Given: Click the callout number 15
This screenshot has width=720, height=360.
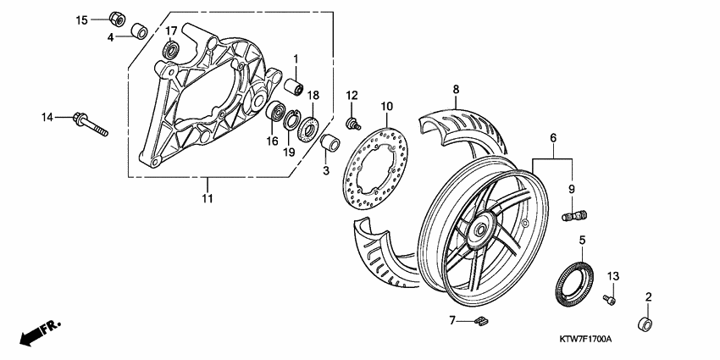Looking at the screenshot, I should tap(82, 19).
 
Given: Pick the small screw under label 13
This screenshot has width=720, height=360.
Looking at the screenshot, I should tap(608, 298).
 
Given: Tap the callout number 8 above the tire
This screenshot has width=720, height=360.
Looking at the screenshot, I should tap(455, 89).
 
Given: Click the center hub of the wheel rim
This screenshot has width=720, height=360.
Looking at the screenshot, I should tap(481, 228).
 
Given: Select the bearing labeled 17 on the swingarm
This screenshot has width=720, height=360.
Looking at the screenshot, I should tap(172, 52).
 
